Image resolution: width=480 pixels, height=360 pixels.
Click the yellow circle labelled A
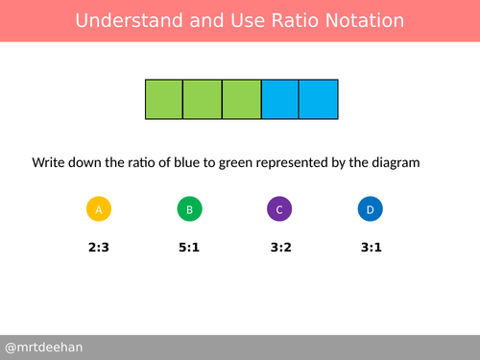click(99, 209)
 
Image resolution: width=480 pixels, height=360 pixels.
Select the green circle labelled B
click(189, 209)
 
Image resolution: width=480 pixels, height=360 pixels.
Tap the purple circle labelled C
click(278, 209)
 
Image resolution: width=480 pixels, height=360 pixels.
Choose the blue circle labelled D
click(370, 209)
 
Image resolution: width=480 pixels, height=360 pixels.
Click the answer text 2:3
click(99, 247)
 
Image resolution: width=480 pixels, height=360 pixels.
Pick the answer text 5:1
click(189, 247)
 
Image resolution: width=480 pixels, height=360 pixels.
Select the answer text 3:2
click(278, 247)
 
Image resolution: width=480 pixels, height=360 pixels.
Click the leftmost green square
click(163, 100)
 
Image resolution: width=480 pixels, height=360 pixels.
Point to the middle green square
click(202, 100)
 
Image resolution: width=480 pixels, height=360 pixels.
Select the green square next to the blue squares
click(241, 100)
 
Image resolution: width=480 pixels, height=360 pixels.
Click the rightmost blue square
click(318, 100)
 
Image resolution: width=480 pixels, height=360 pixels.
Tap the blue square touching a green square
click(279, 100)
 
